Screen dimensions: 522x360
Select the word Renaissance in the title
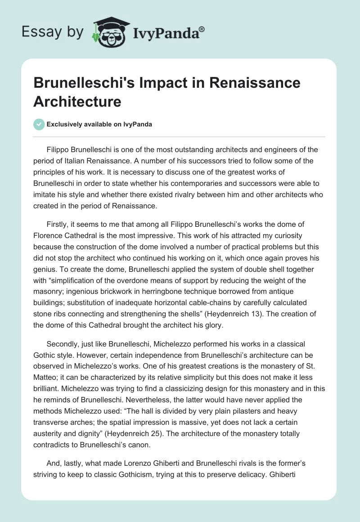(256, 83)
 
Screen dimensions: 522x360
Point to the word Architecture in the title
(77, 102)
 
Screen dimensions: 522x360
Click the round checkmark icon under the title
(39, 124)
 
